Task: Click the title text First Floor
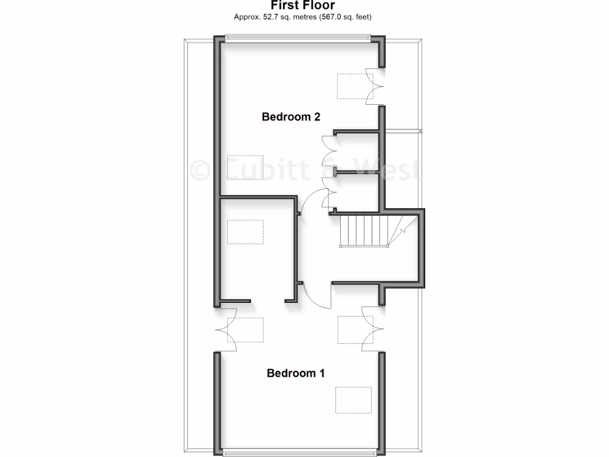click(303, 6)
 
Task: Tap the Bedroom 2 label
click(291, 117)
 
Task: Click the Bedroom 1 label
click(296, 374)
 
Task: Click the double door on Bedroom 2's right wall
click(374, 86)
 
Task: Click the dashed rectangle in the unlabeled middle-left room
click(246, 231)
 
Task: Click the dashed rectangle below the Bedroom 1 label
click(352, 399)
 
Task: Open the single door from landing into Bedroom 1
click(318, 295)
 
